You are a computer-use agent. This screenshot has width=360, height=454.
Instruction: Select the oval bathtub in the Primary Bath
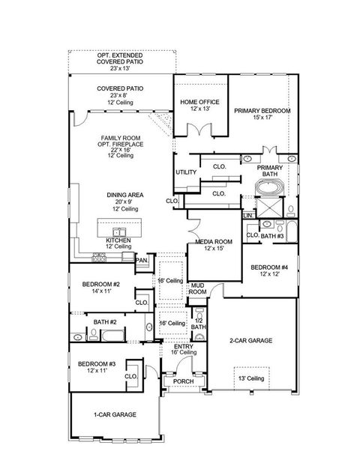pos(268,184)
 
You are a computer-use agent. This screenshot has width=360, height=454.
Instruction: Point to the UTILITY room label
pos(186,172)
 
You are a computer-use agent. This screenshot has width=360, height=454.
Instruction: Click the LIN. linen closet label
pos(248,216)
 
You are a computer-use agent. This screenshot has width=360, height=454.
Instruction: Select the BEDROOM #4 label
pos(268,271)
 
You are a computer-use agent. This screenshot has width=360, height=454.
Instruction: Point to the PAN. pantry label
pos(141,260)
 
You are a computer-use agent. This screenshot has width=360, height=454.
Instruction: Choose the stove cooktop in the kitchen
pos(100,258)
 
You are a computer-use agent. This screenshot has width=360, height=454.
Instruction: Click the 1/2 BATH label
pos(198,324)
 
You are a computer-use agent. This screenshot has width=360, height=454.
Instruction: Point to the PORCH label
pos(184,381)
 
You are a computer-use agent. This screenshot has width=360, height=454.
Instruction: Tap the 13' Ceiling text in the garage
pos(250,378)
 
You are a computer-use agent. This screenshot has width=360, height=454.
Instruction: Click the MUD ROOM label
pos(197,289)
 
